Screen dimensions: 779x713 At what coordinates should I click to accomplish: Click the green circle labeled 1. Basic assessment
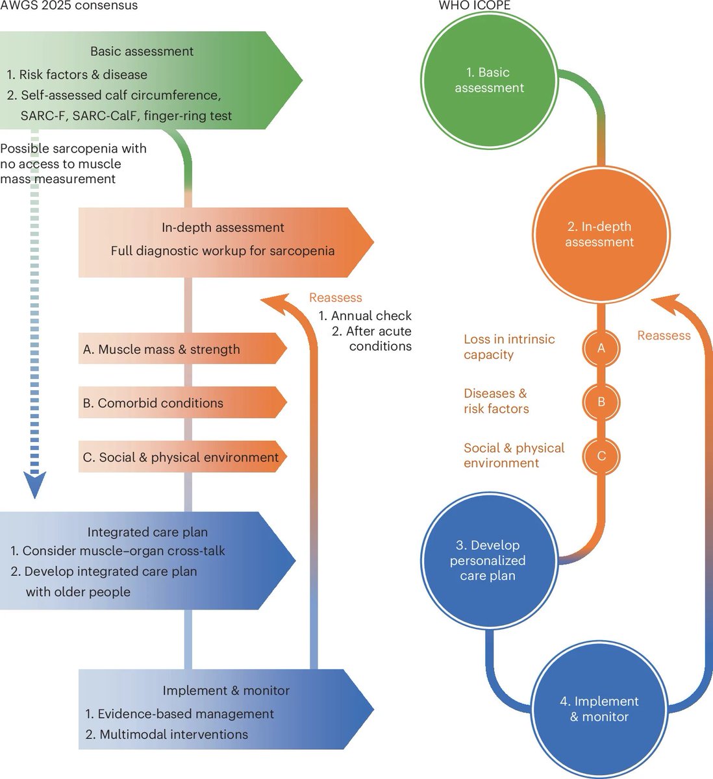coord(489,80)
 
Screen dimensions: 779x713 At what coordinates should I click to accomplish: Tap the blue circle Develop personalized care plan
coord(487,560)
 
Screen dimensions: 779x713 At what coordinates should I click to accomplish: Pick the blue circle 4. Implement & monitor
coord(599,709)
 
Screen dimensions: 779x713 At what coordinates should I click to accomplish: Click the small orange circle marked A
coord(601,348)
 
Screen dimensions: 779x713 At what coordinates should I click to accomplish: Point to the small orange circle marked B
coord(601,402)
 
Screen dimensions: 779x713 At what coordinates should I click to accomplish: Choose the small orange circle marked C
coord(601,456)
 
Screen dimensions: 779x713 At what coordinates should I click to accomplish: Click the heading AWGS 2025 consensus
coord(69,6)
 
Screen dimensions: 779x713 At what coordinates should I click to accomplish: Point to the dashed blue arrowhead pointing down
coord(35,485)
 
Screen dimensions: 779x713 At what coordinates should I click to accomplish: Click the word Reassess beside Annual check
coord(335,298)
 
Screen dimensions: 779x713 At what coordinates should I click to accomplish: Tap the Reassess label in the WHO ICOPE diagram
coord(664,336)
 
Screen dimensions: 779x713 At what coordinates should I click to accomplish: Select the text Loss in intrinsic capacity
coord(509,347)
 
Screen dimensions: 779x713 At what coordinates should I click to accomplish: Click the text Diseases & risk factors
coord(496,401)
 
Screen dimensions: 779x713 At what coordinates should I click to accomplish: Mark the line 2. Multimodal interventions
coord(167,735)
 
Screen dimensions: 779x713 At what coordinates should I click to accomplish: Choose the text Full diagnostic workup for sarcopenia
coord(223,251)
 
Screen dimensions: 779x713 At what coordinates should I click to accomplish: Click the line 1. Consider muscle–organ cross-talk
coord(118,551)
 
